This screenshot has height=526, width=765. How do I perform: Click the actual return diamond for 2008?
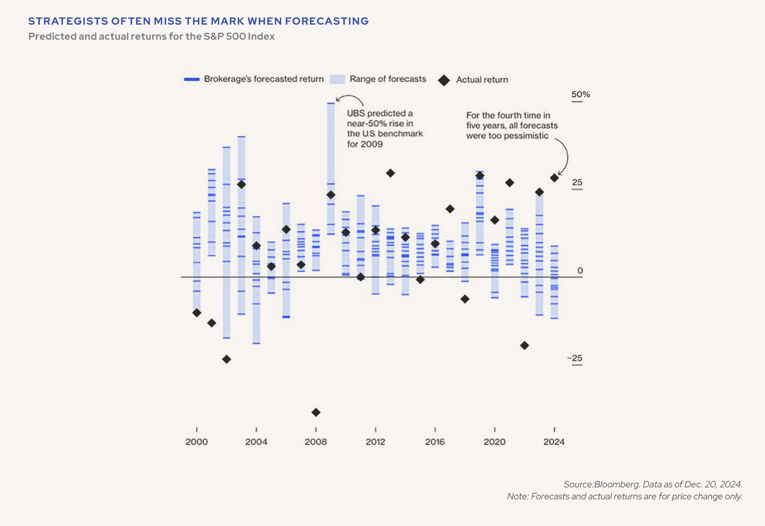point(316,412)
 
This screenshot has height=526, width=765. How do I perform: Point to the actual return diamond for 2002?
point(227,359)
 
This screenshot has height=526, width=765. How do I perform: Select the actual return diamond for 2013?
point(390,173)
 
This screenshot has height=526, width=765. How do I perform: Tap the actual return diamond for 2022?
point(524,345)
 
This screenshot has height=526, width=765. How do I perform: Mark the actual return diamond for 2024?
point(554,178)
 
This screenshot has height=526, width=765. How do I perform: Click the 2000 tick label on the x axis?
point(196,442)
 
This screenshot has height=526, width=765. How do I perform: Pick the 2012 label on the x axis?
point(375,442)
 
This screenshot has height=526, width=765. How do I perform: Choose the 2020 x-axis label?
point(494,442)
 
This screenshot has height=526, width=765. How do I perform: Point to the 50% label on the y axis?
point(581,94)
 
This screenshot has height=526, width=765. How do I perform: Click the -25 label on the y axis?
point(575,358)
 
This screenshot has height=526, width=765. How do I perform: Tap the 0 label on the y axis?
point(580,271)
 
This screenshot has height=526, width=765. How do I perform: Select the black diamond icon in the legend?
point(444,80)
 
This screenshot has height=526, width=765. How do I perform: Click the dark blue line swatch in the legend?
point(192,79)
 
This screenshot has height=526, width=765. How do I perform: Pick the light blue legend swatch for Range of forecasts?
point(337,79)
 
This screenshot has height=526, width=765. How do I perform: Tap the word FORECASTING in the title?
point(327,21)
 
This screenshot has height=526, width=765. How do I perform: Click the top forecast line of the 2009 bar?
point(331,103)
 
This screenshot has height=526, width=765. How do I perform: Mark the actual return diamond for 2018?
point(465,299)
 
